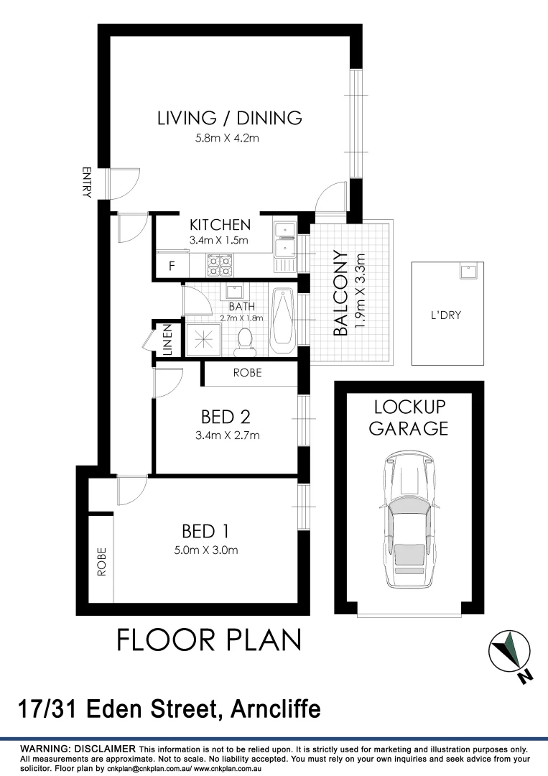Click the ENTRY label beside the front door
(x=87, y=183)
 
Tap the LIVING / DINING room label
(x=230, y=118)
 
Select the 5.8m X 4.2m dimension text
(x=227, y=138)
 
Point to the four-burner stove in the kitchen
(x=220, y=265)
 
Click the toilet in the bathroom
(x=244, y=342)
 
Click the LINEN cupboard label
(x=167, y=340)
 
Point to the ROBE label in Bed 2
(x=247, y=373)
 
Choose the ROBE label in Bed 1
(x=101, y=562)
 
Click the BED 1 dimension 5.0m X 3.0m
(x=206, y=550)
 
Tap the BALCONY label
(x=340, y=293)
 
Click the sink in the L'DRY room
(x=467, y=272)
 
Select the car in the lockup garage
(x=409, y=519)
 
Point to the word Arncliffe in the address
(x=276, y=709)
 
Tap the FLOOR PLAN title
(x=209, y=639)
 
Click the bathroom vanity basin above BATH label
(x=233, y=290)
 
